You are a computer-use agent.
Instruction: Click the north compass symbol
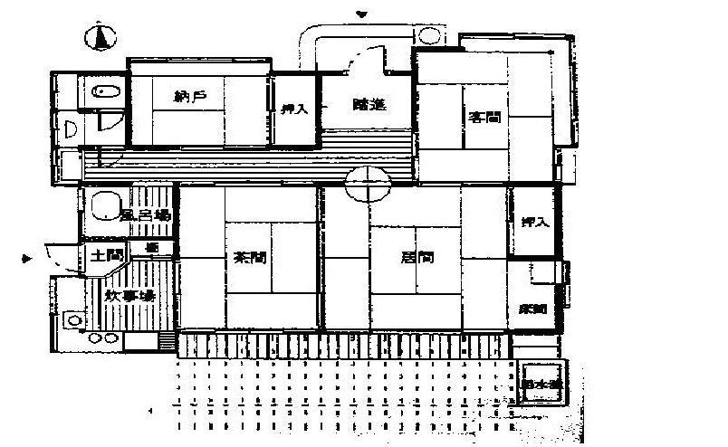coord(101,38)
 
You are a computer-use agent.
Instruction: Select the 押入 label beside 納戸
coord(294,109)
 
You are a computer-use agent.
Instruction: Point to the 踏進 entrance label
coord(369,104)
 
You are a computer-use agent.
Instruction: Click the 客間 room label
coord(484,117)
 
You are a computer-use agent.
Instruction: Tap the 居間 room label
coord(417,257)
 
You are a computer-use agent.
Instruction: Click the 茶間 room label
coord(250,257)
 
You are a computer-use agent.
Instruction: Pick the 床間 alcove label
coord(533,309)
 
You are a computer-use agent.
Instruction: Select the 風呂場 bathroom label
coord(146,215)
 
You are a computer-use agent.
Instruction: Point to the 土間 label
coord(104,255)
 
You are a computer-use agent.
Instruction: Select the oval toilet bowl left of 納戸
coord(101,90)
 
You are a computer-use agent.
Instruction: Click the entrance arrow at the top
coord(362,14)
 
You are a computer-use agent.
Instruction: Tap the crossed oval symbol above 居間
coord(368,185)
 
